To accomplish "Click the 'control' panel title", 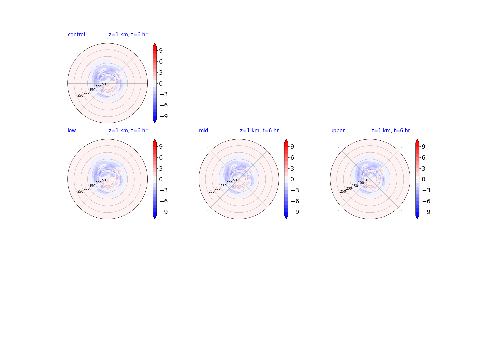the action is point(76,35).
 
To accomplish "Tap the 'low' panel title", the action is point(72,130).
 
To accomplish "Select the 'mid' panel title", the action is point(203,130).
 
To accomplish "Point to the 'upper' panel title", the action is point(337,131).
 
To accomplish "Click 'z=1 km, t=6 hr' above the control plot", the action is point(128,35).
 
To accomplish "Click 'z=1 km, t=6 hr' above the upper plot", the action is point(390,130).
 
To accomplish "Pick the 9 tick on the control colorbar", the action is point(161,51).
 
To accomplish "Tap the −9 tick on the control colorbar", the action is point(164,116).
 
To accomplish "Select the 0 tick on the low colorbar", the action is point(161,179).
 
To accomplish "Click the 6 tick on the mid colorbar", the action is point(292,158).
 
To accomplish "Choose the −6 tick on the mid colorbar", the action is point(295,201).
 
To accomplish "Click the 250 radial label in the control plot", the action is point(80,96).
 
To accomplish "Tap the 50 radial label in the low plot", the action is point(104,180).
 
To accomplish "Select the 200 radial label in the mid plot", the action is point(218,188).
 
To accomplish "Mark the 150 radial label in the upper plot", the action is point(355,186).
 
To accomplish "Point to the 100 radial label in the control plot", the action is point(99,87).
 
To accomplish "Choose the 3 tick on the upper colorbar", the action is point(423,169).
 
